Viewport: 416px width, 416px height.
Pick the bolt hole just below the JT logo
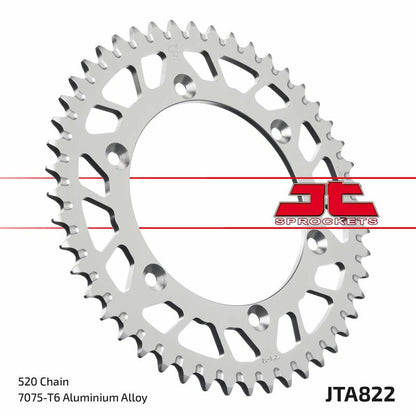click(x=318, y=239)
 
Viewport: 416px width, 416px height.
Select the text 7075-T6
click(x=42, y=397)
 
